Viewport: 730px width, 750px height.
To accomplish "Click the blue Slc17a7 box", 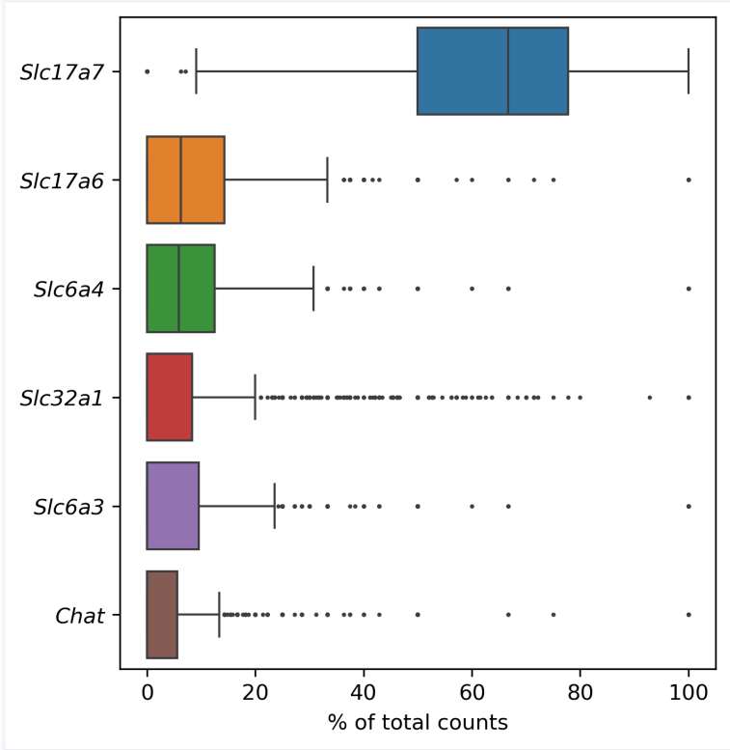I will point(492,71).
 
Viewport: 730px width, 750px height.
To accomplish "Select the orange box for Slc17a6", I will point(185,180).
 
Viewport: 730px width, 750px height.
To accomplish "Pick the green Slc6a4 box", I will point(180,289).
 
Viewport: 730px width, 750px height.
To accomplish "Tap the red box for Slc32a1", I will point(169,397).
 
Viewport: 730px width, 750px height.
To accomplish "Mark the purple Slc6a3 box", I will point(173,506).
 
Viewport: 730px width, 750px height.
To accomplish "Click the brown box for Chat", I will point(162,615).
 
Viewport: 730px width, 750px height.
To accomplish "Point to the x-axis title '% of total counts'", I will point(418,722).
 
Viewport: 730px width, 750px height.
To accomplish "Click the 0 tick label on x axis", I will point(147,692).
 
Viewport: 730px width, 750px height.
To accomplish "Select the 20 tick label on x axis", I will point(255,692).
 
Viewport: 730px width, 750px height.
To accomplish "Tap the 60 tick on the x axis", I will point(472,692).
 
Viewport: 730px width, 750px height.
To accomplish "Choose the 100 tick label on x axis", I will point(688,692).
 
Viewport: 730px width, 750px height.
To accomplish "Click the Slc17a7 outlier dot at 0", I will point(147,71).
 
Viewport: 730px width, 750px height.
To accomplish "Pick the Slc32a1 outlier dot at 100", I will point(689,397).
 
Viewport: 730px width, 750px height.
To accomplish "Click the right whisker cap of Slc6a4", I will point(313,289).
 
